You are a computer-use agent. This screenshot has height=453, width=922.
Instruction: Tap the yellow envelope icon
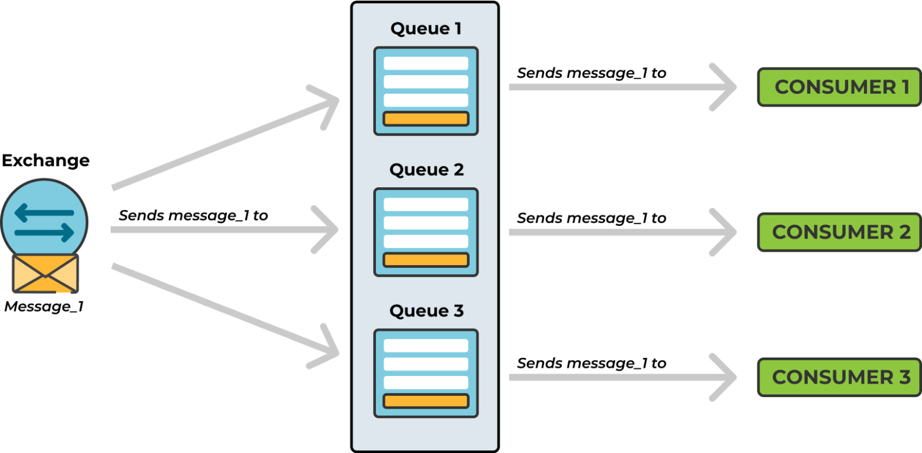pyautogui.click(x=45, y=273)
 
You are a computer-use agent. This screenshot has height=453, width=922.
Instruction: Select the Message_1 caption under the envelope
pyautogui.click(x=44, y=306)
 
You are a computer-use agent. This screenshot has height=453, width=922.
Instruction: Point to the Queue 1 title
pyautogui.click(x=426, y=29)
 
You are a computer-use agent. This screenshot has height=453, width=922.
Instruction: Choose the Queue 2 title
pyautogui.click(x=426, y=170)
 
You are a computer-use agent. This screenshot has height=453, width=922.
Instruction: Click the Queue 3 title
pyautogui.click(x=426, y=311)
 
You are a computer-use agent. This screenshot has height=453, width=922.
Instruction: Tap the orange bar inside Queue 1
pyautogui.click(x=426, y=119)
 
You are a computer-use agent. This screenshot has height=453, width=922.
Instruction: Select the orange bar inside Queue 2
pyautogui.click(x=426, y=260)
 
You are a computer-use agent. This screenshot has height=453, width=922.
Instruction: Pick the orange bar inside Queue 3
pyautogui.click(x=426, y=401)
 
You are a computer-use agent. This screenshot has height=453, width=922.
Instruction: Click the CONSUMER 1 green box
pyautogui.click(x=839, y=87)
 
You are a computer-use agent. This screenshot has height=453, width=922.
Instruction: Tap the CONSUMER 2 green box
pyautogui.click(x=839, y=232)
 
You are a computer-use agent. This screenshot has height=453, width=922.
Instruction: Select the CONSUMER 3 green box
pyautogui.click(x=839, y=377)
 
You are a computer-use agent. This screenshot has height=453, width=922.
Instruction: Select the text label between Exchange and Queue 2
pyautogui.click(x=193, y=215)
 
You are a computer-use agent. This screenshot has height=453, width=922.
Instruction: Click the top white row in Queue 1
pyautogui.click(x=426, y=63)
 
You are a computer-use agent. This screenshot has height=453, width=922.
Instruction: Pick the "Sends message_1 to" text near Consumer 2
pyautogui.click(x=591, y=218)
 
